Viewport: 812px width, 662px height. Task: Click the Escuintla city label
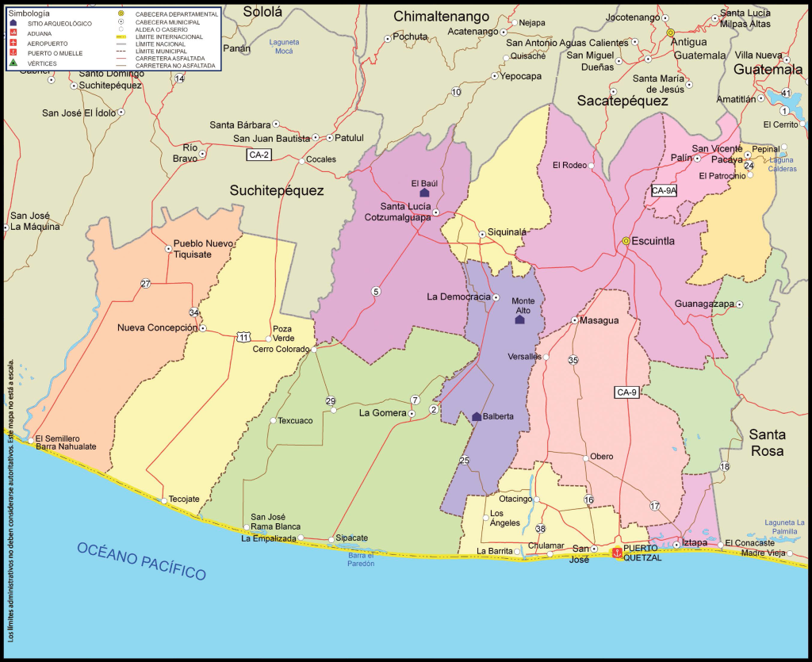point(653,241)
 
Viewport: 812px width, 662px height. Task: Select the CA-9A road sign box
point(664,190)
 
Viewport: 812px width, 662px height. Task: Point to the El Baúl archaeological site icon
point(424,193)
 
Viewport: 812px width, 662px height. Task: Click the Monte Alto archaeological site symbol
point(520,320)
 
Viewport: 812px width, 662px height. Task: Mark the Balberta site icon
point(477,416)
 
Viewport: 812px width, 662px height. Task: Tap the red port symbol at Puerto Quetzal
point(616,553)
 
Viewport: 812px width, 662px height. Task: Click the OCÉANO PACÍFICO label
point(142,561)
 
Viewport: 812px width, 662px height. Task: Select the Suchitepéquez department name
point(277,190)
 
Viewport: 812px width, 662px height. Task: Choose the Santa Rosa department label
point(767,442)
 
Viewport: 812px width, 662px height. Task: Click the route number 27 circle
point(145,284)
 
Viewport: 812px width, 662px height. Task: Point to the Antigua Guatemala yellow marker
point(670,33)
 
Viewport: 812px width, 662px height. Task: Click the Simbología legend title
point(29,14)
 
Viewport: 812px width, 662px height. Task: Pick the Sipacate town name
point(352,538)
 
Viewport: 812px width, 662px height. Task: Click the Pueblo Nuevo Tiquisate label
point(205,248)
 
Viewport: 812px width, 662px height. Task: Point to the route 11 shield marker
point(242,338)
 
